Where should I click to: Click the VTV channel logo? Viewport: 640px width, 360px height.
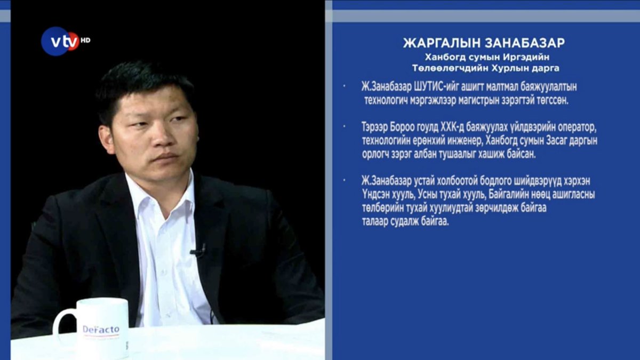(x=60, y=41)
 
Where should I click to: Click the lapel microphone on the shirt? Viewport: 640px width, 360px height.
(x=198, y=251)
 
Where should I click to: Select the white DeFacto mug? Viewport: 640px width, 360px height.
(x=99, y=327)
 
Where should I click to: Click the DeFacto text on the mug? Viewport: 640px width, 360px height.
(x=101, y=329)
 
